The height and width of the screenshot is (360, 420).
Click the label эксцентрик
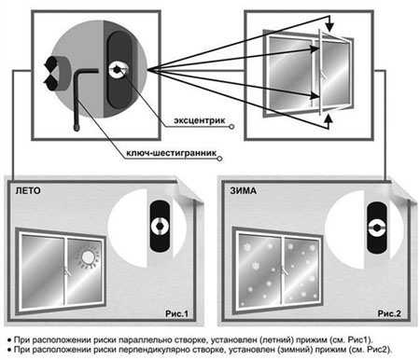click(199, 120)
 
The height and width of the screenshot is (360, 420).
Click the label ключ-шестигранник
click(171, 153)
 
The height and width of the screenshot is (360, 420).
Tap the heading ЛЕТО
click(28, 190)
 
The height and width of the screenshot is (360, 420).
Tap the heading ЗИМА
click(243, 190)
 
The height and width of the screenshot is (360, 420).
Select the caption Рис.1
click(176, 313)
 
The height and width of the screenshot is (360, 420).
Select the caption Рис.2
click(389, 313)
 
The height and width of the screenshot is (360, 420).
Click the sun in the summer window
click(88, 257)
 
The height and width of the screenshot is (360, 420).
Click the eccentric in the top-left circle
click(118, 70)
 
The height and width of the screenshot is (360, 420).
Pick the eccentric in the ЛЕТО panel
click(160, 226)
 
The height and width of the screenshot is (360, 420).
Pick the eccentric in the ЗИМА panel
click(376, 228)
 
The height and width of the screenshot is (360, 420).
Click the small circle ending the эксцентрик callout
click(231, 127)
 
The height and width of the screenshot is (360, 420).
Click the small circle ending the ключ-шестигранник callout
click(219, 159)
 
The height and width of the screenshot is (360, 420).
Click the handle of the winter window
click(283, 270)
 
